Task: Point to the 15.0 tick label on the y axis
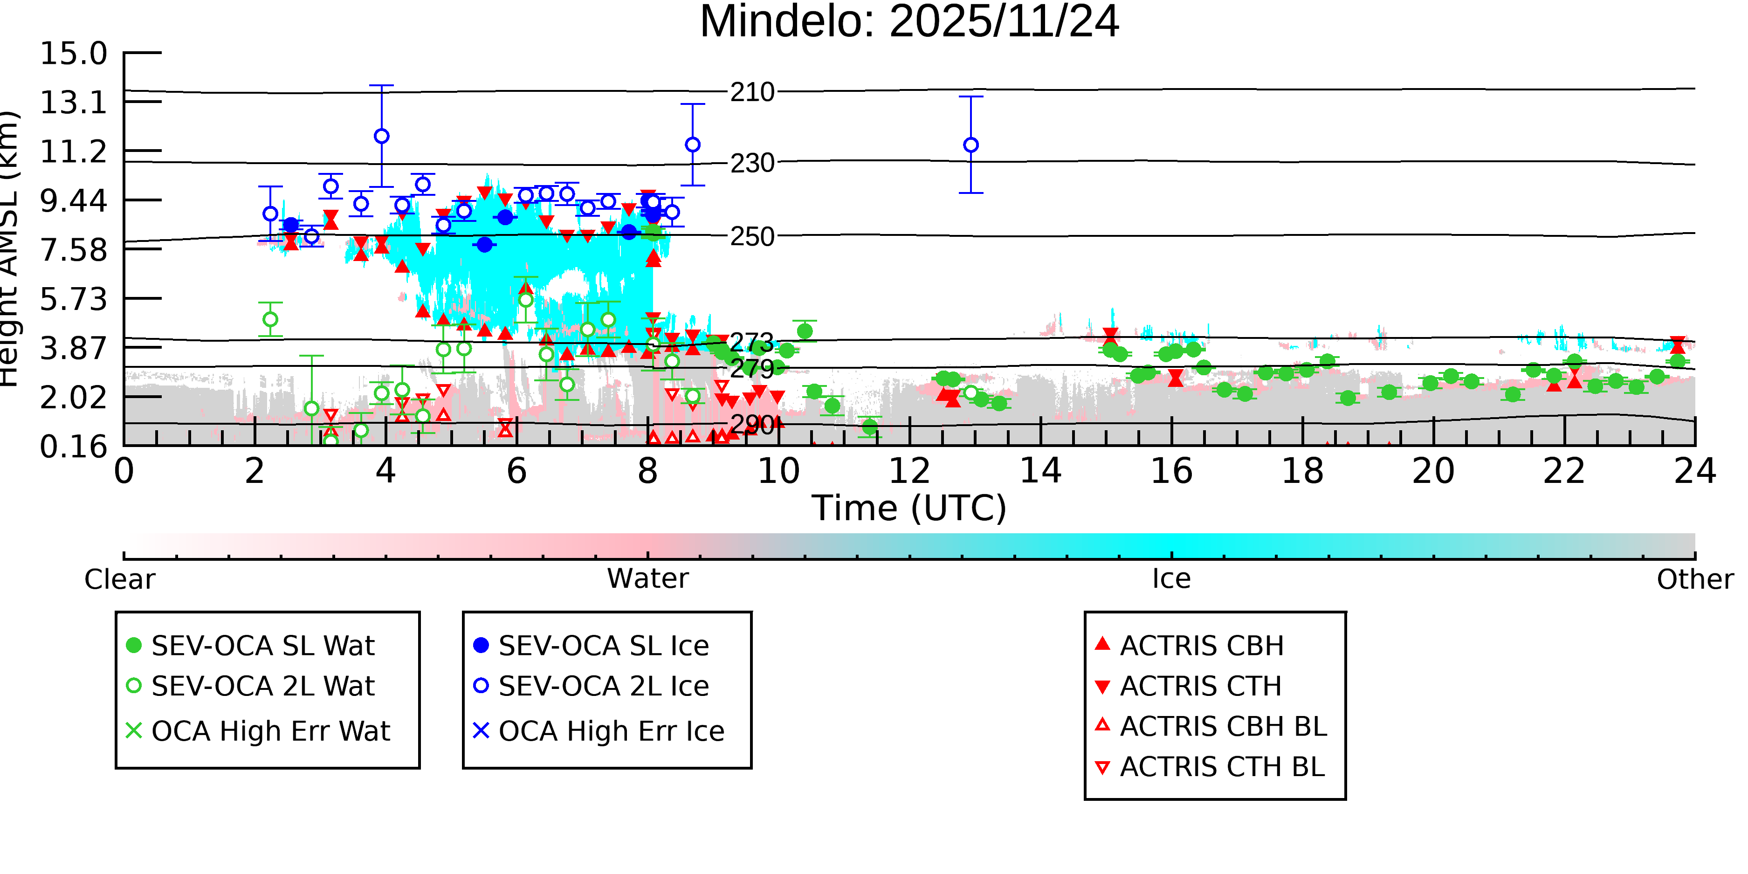click(73, 54)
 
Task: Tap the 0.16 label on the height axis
click(73, 447)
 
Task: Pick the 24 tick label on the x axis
click(1694, 471)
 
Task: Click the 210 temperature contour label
click(752, 92)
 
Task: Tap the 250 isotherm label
click(752, 237)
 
